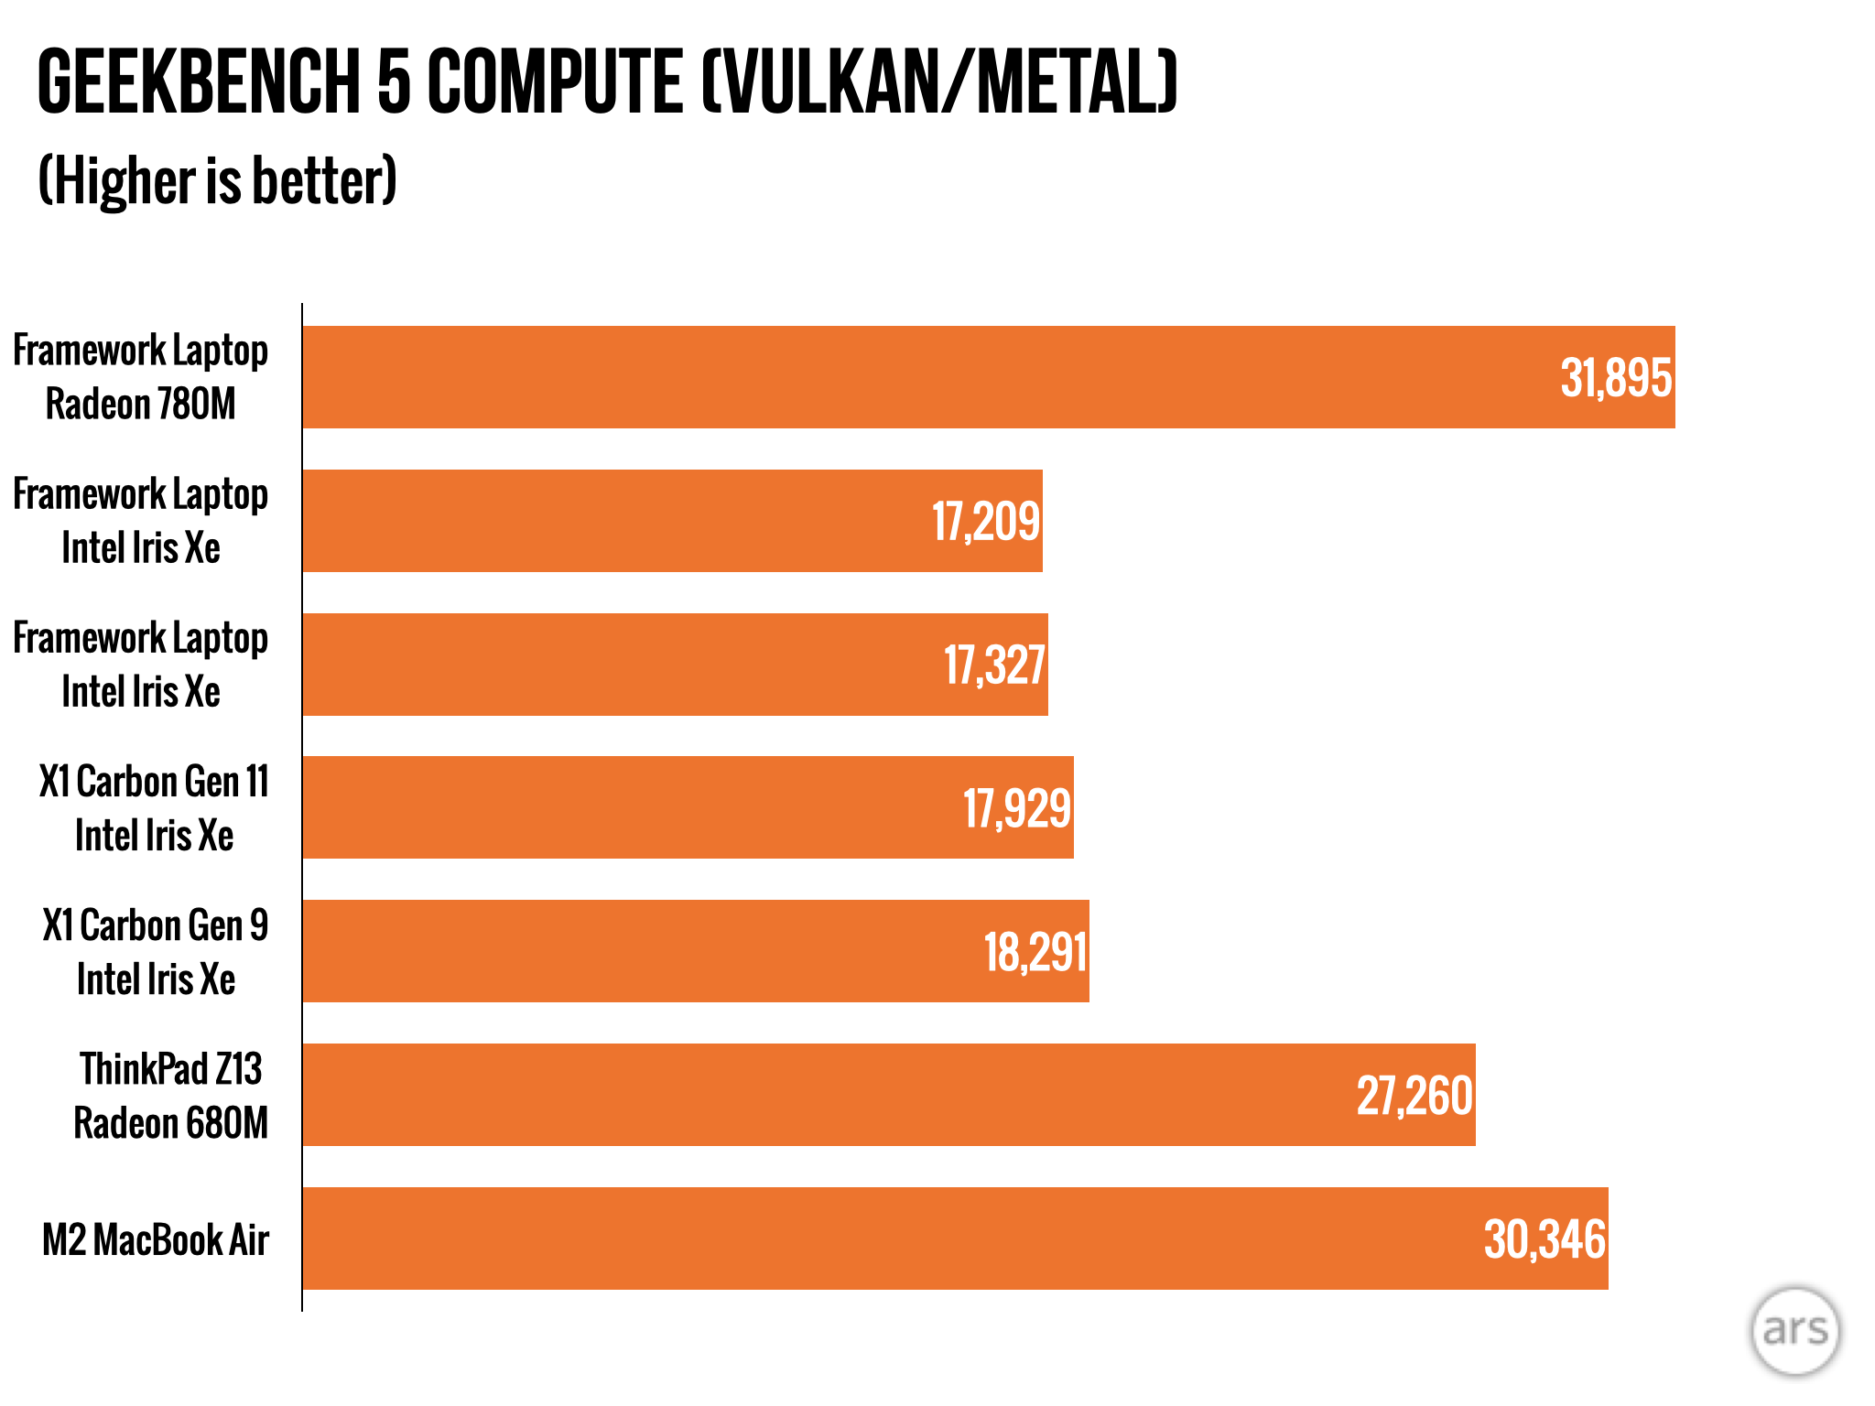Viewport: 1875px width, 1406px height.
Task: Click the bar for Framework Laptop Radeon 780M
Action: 916,377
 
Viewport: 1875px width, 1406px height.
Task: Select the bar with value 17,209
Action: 641,521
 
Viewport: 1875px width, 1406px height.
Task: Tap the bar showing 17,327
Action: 641,665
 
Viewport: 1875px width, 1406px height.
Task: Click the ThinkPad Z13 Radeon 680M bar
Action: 824,1095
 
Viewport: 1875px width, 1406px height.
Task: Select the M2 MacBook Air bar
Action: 916,1238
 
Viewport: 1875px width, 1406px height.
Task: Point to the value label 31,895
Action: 1616,378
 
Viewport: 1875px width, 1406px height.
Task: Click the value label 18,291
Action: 1035,952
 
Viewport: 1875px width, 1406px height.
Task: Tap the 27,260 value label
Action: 1414,1096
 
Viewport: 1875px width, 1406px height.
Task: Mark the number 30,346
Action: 1544,1239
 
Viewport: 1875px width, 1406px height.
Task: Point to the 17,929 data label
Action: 1016,808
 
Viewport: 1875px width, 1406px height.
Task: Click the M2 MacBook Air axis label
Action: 156,1240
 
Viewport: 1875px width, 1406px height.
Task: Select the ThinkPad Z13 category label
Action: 171,1069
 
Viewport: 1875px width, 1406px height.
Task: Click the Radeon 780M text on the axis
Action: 141,405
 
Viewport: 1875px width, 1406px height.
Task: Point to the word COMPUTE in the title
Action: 555,82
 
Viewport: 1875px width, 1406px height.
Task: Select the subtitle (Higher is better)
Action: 217,181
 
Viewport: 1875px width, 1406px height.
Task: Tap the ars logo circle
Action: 1794,1330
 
